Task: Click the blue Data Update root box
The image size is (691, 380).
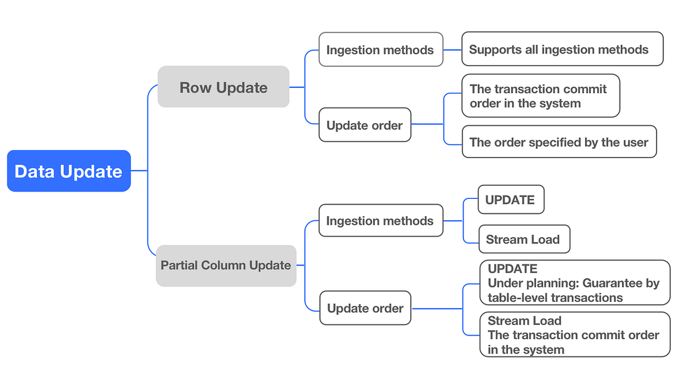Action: click(x=69, y=171)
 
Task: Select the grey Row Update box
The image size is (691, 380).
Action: click(x=223, y=87)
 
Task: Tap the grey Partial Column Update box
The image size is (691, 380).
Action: click(x=226, y=266)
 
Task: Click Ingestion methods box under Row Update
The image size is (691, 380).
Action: click(x=381, y=49)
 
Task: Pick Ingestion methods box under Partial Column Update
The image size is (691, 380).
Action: click(x=381, y=220)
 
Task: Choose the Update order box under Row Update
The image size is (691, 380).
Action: click(x=365, y=125)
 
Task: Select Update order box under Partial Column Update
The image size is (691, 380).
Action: click(x=365, y=309)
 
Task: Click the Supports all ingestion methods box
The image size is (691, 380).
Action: click(x=563, y=49)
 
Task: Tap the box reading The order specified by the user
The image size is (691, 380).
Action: click(x=559, y=142)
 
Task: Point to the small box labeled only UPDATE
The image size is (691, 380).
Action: click(x=511, y=199)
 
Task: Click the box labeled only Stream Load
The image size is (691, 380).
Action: click(x=523, y=239)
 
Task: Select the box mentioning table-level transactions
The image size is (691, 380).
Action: click(x=574, y=282)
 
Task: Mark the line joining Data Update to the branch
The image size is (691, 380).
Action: click(x=139, y=171)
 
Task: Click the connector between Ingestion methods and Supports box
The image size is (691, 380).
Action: click(x=453, y=49)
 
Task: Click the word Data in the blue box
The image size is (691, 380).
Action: click(x=32, y=171)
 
